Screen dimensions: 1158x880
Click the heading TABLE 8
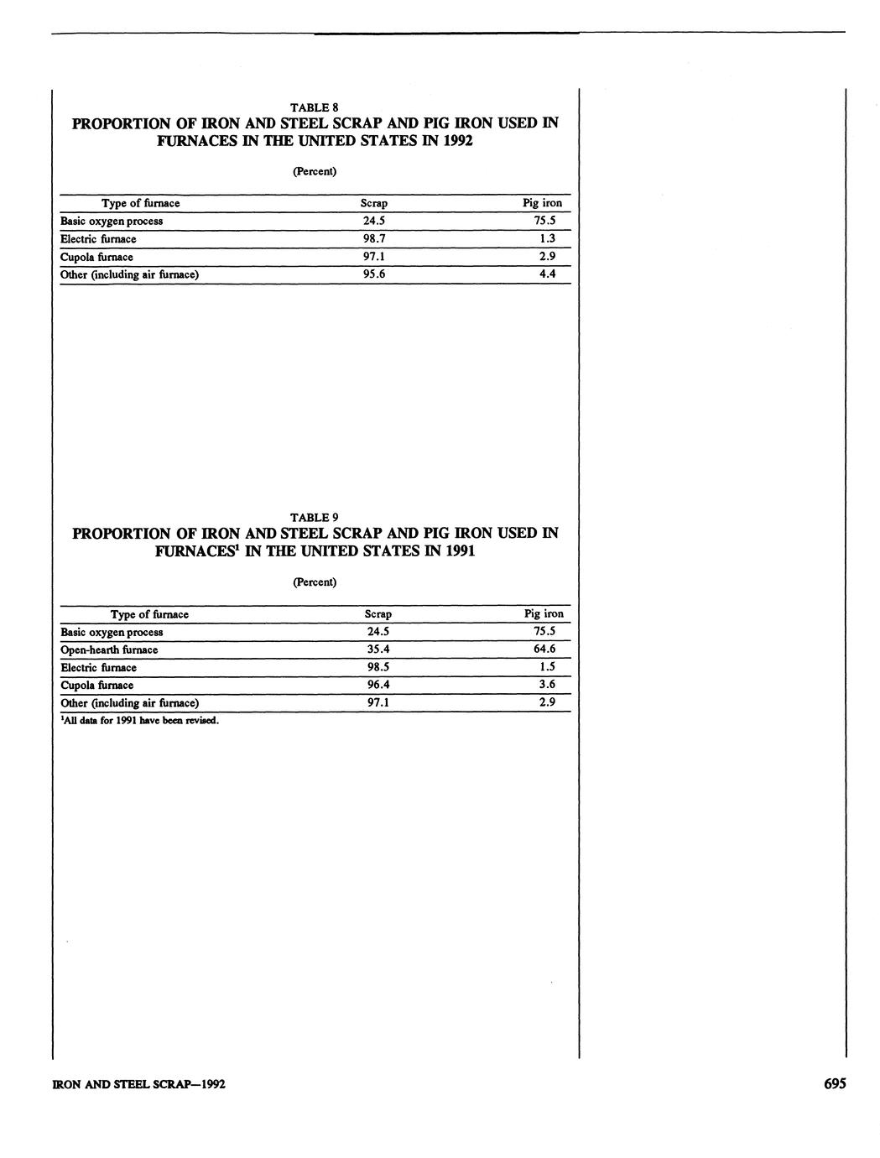pos(314,107)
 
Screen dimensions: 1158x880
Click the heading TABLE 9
pos(314,517)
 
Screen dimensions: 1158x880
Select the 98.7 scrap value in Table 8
pos(373,239)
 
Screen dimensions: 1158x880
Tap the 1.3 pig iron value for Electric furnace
pos(547,239)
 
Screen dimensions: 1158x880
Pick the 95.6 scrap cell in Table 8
pos(373,274)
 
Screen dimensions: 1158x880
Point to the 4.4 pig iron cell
pos(547,274)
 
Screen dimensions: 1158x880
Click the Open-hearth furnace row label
pos(109,650)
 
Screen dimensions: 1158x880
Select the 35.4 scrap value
pos(378,649)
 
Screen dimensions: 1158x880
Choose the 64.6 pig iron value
pos(545,649)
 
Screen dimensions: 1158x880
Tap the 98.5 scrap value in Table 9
pos(378,667)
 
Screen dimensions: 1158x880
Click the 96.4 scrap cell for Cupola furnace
pos(378,685)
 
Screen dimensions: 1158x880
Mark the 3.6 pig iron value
pos(547,685)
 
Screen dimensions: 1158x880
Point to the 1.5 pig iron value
pos(547,667)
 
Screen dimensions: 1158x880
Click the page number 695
pos(834,1083)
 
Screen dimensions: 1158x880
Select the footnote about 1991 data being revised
pos(139,720)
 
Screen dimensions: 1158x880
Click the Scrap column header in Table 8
pos(373,203)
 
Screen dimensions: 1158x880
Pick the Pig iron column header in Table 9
pos(544,614)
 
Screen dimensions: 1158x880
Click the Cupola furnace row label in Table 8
pos(96,258)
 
